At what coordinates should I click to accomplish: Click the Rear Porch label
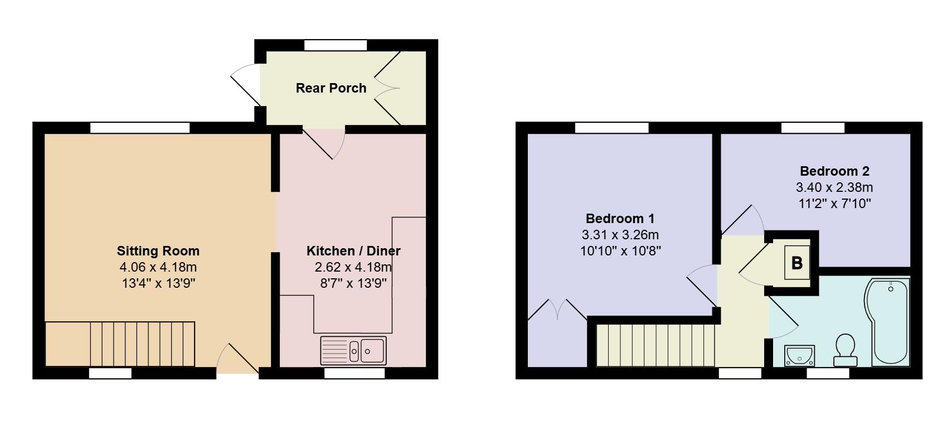point(331,88)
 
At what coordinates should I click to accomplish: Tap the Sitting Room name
point(158,251)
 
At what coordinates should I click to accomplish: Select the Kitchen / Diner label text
point(353,251)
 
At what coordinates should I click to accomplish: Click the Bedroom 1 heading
point(620,219)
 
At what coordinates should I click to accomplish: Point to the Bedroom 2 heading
point(834,171)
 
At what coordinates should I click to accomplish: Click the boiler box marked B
point(797,263)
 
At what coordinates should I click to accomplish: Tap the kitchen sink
point(353,351)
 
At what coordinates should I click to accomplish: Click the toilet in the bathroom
point(846,350)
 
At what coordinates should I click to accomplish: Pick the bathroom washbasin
point(799,356)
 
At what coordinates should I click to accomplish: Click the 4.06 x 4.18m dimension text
point(158,267)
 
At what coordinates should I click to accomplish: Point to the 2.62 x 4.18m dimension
point(353,267)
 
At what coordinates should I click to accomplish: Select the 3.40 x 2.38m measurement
point(834,187)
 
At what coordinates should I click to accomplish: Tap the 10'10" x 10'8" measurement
point(620,251)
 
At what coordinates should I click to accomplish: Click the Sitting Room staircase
point(120,344)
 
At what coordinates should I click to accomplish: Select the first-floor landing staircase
point(655,345)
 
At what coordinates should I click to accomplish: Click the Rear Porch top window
point(336,45)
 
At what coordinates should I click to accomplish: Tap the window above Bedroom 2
point(813,128)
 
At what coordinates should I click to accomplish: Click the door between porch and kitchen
point(323,143)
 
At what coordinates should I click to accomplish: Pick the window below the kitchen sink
point(354,373)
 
